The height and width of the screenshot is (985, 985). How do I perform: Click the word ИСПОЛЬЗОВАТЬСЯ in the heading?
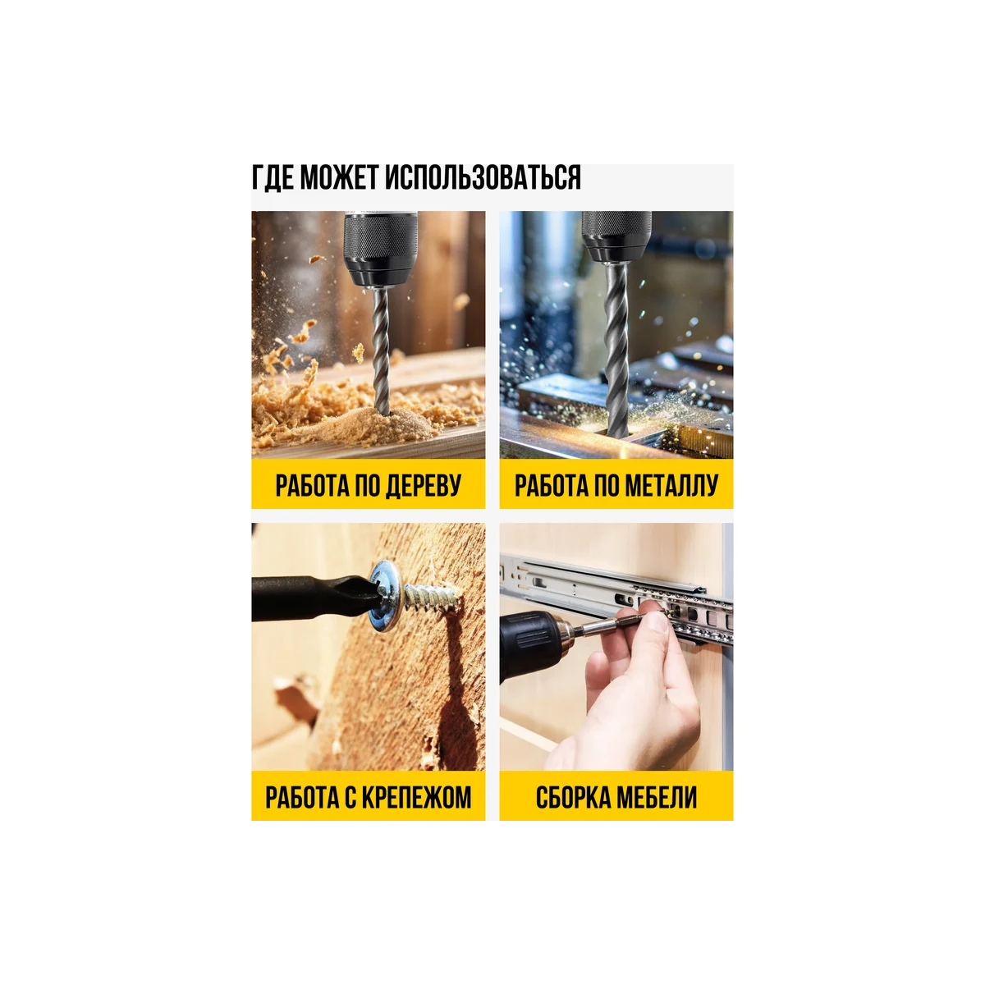pyautogui.click(x=483, y=178)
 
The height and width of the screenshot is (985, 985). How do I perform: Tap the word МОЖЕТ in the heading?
pyautogui.click(x=338, y=178)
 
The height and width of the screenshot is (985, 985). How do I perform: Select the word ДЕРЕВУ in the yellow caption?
pyautogui.click(x=423, y=485)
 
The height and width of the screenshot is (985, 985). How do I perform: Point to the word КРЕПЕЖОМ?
pyautogui.click(x=416, y=797)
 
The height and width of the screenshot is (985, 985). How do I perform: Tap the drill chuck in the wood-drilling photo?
pyautogui.click(x=380, y=249)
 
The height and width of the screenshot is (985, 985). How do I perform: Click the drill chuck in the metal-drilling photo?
pyautogui.click(x=616, y=236)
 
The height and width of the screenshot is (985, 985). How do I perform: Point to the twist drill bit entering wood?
pyautogui.click(x=380, y=351)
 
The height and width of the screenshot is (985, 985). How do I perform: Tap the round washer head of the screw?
pyautogui.click(x=387, y=595)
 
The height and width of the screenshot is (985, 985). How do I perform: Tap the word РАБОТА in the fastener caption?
pyautogui.click(x=301, y=797)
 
